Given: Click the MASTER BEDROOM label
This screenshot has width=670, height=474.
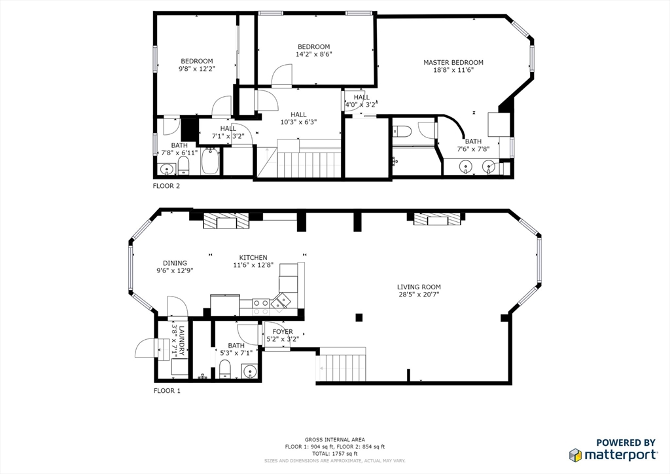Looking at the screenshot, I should pyautogui.click(x=453, y=63).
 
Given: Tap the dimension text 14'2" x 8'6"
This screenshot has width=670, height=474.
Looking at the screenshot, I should pyautogui.click(x=313, y=55).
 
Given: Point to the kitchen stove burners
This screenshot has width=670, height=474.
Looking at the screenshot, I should pyautogui.click(x=261, y=303).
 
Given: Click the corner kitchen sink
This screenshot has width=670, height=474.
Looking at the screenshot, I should pyautogui.click(x=281, y=301).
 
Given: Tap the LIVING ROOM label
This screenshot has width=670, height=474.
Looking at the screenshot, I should pyautogui.click(x=419, y=287).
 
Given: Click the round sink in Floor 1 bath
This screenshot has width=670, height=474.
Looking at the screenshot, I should pyautogui.click(x=249, y=372).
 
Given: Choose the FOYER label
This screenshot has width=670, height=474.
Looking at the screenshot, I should pyautogui.click(x=283, y=332).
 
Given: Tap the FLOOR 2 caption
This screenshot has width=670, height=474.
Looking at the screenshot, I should pyautogui.click(x=166, y=186).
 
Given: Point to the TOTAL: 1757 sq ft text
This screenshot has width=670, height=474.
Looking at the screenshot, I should pyautogui.click(x=334, y=453).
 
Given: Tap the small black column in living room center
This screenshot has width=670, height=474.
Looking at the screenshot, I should pyautogui.click(x=359, y=318).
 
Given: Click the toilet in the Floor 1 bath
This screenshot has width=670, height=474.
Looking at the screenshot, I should pyautogui.click(x=224, y=368).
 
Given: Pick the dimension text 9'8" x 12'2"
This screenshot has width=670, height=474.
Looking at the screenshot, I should pyautogui.click(x=196, y=69).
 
